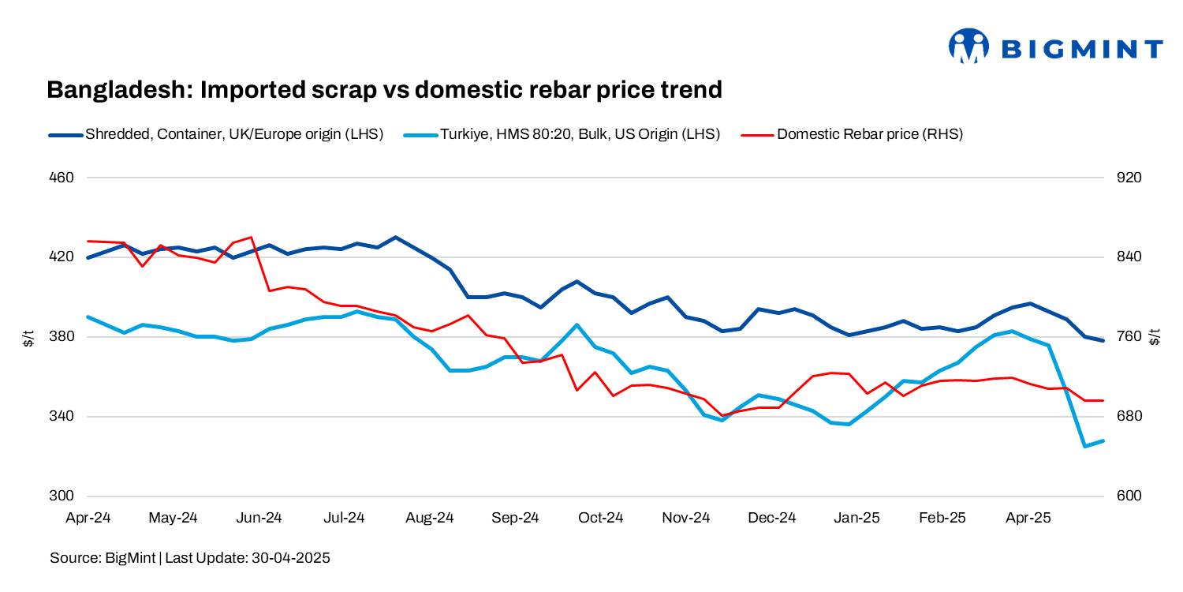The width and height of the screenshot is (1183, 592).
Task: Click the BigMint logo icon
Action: pyautogui.click(x=968, y=47)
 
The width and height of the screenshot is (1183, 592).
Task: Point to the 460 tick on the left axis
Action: pyautogui.click(x=62, y=178)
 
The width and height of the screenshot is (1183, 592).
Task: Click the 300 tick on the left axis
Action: pyautogui.click(x=62, y=496)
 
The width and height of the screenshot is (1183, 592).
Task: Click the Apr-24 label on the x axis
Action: pyautogui.click(x=87, y=519)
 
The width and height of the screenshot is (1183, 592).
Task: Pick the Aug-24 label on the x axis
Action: pyautogui.click(x=430, y=519)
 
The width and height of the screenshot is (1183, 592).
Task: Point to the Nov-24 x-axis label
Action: pyautogui.click(x=686, y=519)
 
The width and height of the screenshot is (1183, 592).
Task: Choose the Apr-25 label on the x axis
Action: pyautogui.click(x=1028, y=519)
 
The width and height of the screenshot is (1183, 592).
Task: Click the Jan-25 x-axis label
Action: pyautogui.click(x=857, y=519)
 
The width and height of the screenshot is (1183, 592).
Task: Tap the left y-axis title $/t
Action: pyautogui.click(x=28, y=338)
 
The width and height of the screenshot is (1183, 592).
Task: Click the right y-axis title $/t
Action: pyautogui.click(x=1155, y=338)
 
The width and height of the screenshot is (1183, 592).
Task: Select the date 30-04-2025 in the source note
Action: pyautogui.click(x=290, y=558)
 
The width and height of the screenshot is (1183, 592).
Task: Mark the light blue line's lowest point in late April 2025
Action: pyautogui.click(x=1085, y=446)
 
